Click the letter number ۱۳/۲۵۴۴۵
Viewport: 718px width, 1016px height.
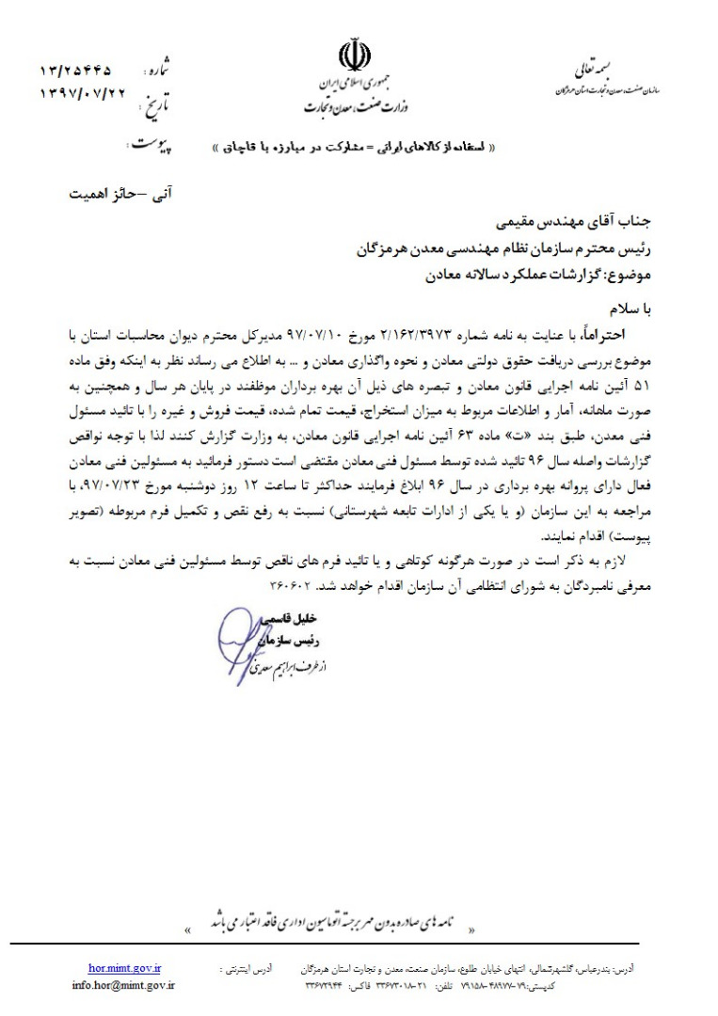pos(75,71)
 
